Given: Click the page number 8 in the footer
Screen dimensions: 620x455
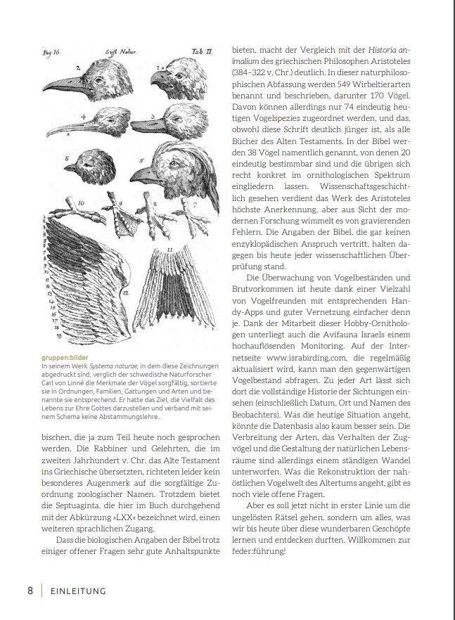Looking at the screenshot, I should [30, 590].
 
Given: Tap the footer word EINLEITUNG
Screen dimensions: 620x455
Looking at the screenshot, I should [77, 591].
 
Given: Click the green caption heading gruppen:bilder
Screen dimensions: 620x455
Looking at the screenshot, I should [65, 357].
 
